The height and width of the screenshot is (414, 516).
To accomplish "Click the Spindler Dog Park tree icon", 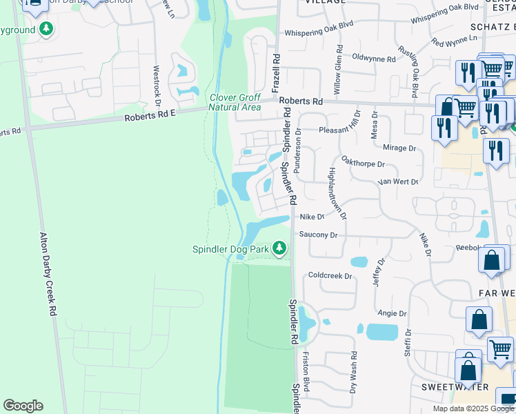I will [279, 248].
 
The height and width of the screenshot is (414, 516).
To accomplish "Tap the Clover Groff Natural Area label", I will [235, 102].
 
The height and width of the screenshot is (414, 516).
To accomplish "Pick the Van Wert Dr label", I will [398, 182].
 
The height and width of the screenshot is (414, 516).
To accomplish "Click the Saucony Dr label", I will [318, 235].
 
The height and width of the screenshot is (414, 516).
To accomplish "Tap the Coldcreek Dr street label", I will [330, 276].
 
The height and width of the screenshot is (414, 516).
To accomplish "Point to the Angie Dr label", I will [392, 313].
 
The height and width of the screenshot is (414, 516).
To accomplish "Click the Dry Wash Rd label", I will [354, 373].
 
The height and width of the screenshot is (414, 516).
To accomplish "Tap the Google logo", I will [23, 406].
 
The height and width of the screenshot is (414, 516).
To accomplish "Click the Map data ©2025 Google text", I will [473, 408].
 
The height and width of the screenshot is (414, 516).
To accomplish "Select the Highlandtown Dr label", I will [338, 193].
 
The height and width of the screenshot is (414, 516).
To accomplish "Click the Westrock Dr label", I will [157, 82].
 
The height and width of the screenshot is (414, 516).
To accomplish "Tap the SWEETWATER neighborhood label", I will [455, 387].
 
